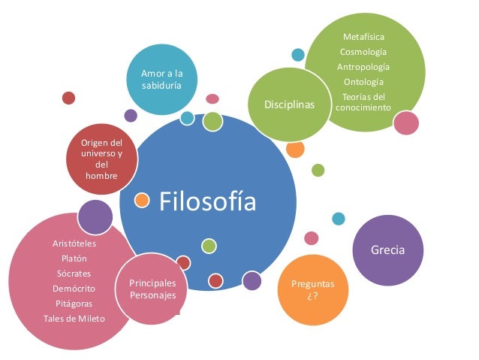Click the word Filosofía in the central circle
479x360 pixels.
(x=207, y=201)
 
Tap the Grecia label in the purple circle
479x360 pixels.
(x=387, y=250)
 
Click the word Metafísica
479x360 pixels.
(x=363, y=37)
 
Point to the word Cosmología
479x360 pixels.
(x=363, y=52)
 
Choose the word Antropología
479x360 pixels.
(x=363, y=67)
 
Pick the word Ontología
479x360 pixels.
(x=363, y=82)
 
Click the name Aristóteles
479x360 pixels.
(x=74, y=244)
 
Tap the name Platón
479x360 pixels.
(x=74, y=259)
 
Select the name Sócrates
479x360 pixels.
(x=74, y=274)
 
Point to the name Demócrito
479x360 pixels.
(x=74, y=289)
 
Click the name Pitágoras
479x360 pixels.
(x=74, y=304)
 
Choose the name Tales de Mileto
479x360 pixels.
(x=74, y=319)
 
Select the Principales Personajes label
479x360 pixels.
(x=152, y=289)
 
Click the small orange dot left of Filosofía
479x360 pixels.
(x=141, y=199)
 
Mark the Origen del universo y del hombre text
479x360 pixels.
(x=101, y=159)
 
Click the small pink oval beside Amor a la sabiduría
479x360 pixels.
(x=212, y=98)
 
